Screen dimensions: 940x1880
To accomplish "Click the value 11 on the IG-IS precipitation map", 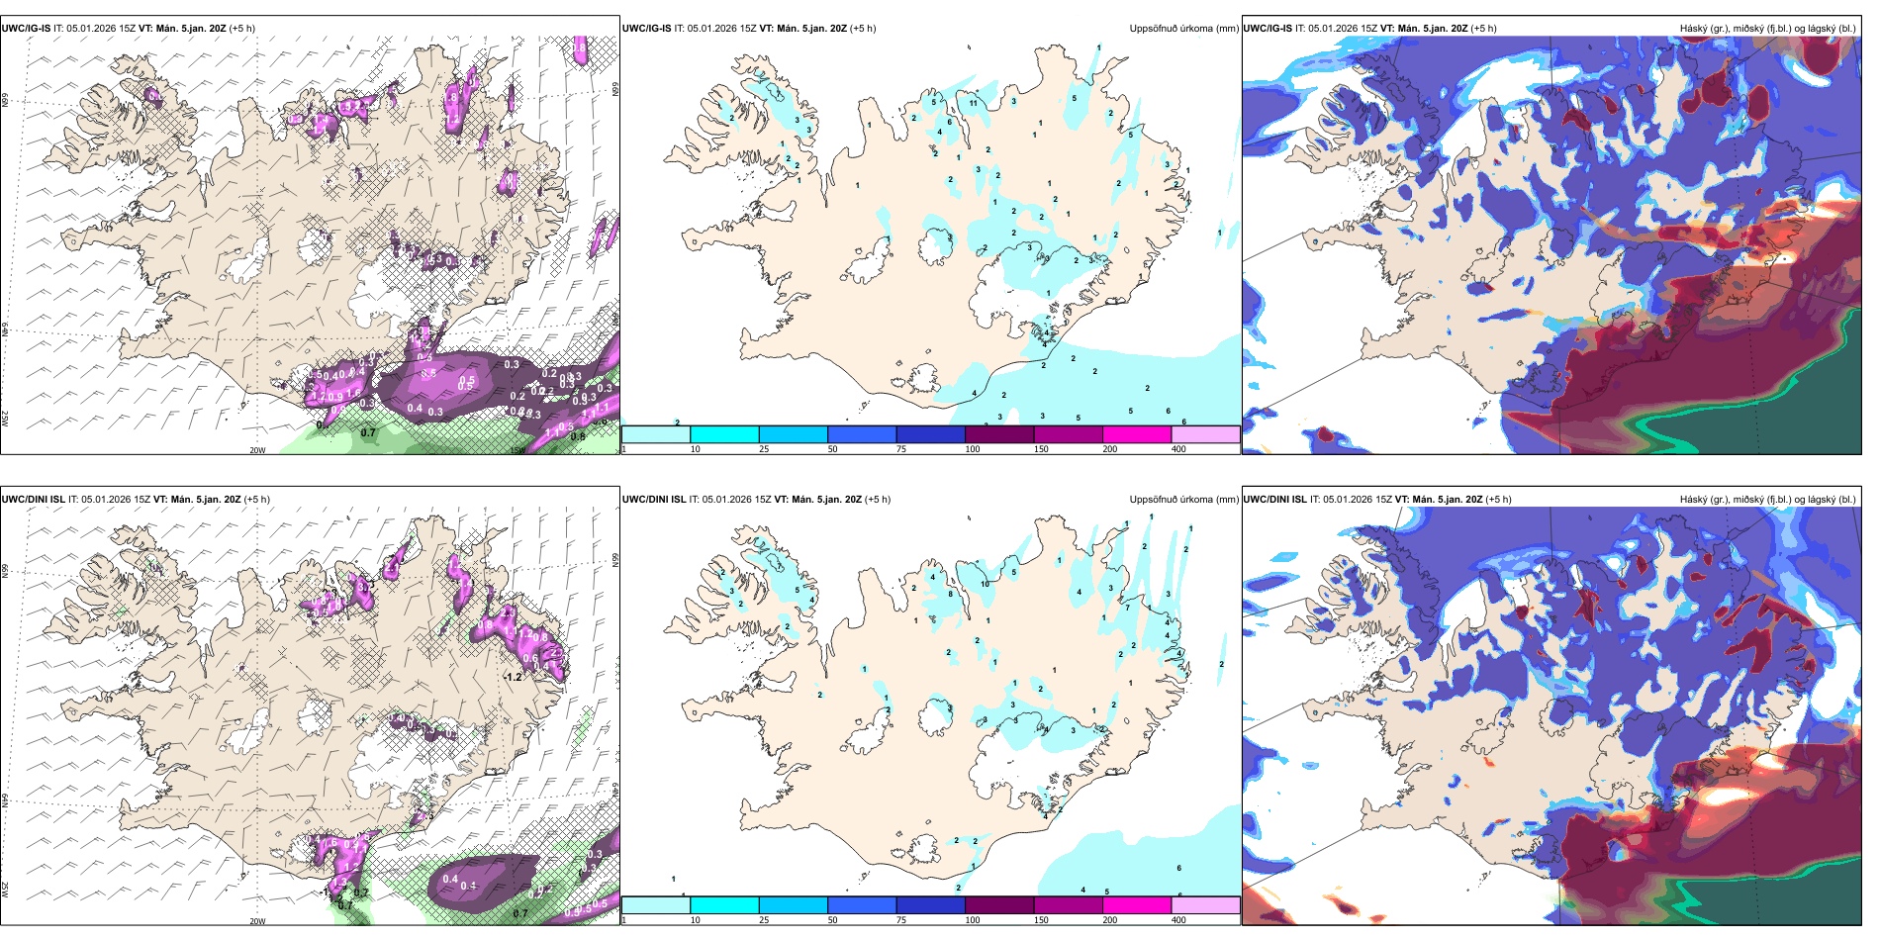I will point(974,103).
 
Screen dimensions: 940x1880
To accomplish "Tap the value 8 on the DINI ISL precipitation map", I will point(951,595).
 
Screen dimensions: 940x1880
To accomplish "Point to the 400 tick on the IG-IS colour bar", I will point(1178,449).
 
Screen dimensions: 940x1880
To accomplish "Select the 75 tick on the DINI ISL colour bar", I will point(901,920).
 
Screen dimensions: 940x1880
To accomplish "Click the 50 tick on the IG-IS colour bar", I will point(832,449).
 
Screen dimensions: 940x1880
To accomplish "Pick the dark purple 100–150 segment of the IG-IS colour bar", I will point(999,434).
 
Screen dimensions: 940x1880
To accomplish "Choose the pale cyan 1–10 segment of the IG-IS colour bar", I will point(656,434).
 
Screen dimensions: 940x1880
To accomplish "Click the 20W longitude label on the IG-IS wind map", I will point(257,450).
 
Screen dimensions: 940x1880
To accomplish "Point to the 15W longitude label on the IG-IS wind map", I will point(517,450).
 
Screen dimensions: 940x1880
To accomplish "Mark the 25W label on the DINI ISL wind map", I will point(5,890).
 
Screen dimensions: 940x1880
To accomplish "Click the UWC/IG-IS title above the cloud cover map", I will point(1268,29).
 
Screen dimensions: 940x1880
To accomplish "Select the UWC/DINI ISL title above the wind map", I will point(33,500).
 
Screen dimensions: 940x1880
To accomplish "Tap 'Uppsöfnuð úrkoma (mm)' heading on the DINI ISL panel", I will point(1183,500).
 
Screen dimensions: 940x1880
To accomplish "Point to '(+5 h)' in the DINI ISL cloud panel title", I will point(1498,500).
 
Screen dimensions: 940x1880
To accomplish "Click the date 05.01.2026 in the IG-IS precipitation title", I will point(715,29).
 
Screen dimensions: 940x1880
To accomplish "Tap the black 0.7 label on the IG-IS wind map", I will point(368,432).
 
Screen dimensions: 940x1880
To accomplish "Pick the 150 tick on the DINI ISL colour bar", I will point(1041,920).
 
